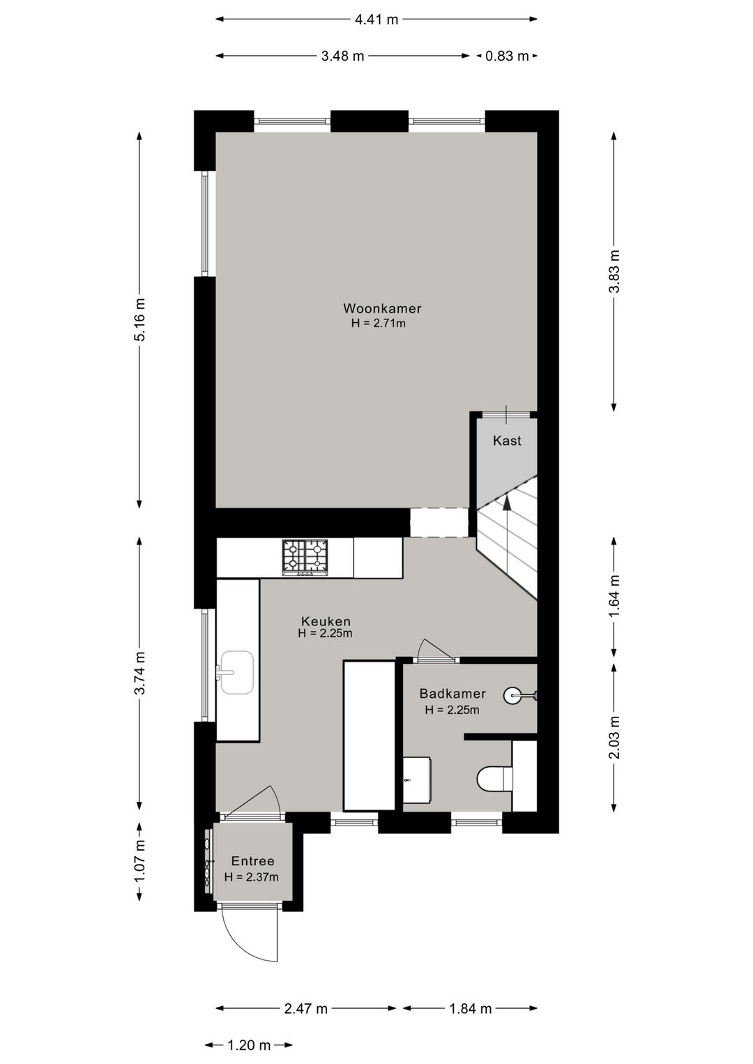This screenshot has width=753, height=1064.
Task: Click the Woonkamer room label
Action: pyautogui.click(x=382, y=309)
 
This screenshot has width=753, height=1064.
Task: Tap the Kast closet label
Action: pyautogui.click(x=507, y=441)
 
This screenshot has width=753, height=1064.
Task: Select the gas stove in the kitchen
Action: pyautogui.click(x=305, y=558)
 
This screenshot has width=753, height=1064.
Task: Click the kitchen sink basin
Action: pyautogui.click(x=236, y=672)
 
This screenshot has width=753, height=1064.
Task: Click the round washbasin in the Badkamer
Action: pyautogui.click(x=512, y=697)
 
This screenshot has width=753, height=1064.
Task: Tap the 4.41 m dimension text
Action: pyautogui.click(x=376, y=20)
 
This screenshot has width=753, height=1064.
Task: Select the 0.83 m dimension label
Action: pyautogui.click(x=507, y=56)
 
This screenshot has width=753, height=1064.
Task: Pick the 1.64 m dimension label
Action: pyautogui.click(x=615, y=596)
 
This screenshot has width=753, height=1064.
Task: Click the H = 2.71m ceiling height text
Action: pyautogui.click(x=379, y=324)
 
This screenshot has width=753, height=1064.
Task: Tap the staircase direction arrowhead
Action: pyautogui.click(x=508, y=502)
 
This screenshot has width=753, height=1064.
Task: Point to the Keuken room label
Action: pyautogui.click(x=326, y=621)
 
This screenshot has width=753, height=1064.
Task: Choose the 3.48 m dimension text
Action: pyautogui.click(x=342, y=56)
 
